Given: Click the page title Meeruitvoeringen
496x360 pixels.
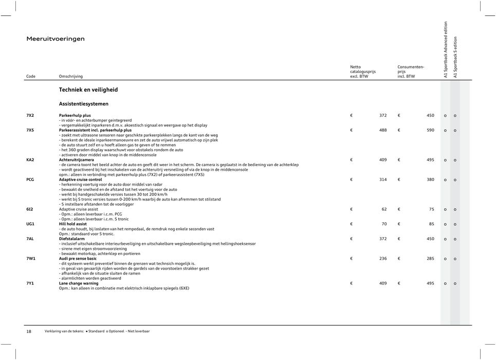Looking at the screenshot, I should pos(56,39).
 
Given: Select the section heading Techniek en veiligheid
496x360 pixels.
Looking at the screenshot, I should pos(88,89).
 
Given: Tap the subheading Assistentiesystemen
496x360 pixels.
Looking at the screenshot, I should pos(83,103).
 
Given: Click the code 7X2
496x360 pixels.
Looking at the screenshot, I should pos(30,116).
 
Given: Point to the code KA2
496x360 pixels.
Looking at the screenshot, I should pos(30,159).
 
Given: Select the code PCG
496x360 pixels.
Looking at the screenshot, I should pos(30,179).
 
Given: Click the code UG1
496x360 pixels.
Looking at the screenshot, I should pos(30,224).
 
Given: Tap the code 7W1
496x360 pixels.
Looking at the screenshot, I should pos(31,259).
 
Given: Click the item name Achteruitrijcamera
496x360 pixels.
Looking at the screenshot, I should pos(77,159).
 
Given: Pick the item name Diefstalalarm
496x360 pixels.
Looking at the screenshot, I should pos(72,239).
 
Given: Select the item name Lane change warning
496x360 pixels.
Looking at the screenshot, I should pos(79,283).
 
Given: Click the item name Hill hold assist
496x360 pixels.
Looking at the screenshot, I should pos(73,224).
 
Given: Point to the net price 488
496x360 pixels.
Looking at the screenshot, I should pos(383,130).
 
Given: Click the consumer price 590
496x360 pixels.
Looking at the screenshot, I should pos(430,130).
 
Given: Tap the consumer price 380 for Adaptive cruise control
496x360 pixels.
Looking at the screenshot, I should pos(430,179).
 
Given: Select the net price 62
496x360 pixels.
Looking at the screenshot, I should pos(384,209).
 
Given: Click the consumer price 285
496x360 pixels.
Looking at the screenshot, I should pos(430,259).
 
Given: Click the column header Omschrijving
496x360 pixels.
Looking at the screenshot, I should pos(70,77).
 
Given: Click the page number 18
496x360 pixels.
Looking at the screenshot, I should pos(29,331).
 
